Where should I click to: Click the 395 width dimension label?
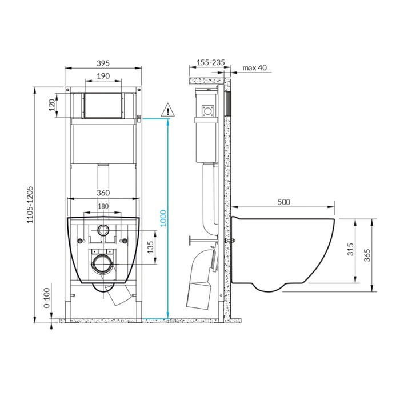tap(103, 63)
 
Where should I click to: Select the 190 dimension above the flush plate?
tap(103, 76)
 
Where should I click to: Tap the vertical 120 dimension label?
tap(52, 105)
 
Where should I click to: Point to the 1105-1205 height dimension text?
tap(30, 205)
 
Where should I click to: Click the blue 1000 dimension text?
tap(163, 218)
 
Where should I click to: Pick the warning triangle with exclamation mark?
tap(168, 110)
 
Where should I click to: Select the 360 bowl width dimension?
tap(103, 193)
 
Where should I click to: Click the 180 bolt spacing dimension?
tap(103, 206)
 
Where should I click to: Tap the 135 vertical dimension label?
tap(150, 247)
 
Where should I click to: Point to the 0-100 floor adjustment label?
tap(47, 298)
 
